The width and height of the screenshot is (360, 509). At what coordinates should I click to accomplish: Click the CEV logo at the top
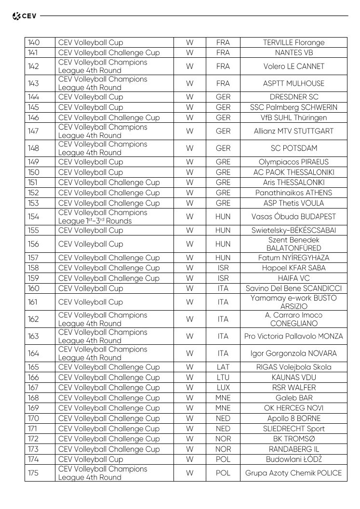pyautogui.click(x=24, y=16)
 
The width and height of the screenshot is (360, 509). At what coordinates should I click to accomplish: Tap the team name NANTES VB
pyautogui.click(x=293, y=52)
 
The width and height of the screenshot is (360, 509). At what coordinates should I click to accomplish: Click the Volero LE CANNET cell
pyautogui.click(x=293, y=66)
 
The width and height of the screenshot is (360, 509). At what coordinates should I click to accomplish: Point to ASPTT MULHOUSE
pyautogui.click(x=293, y=83)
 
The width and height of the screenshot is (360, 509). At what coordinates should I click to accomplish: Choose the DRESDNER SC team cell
pyautogui.click(x=293, y=97)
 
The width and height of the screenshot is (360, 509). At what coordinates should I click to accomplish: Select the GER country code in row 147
pyautogui.click(x=223, y=131)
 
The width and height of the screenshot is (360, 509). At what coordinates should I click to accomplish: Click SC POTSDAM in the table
pyautogui.click(x=293, y=148)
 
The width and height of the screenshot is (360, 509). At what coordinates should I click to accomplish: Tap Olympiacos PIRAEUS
pyautogui.click(x=293, y=162)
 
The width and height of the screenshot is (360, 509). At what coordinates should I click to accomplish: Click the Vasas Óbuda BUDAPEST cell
pyautogui.click(x=293, y=217)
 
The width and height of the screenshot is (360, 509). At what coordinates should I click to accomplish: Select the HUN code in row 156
pyautogui.click(x=223, y=244)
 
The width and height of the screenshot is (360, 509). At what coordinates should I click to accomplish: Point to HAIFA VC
pyautogui.click(x=293, y=278)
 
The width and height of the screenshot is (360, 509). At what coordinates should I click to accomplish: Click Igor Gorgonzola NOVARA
pyautogui.click(x=293, y=353)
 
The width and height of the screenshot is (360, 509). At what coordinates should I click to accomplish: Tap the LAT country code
pyautogui.click(x=223, y=367)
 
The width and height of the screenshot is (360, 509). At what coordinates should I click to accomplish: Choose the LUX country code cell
pyautogui.click(x=223, y=388)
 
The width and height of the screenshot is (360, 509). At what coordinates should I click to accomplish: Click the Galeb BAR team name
pyautogui.click(x=293, y=398)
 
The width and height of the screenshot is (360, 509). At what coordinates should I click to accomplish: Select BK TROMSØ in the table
pyautogui.click(x=293, y=439)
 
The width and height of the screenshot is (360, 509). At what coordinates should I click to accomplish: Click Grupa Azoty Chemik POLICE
pyautogui.click(x=293, y=473)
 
